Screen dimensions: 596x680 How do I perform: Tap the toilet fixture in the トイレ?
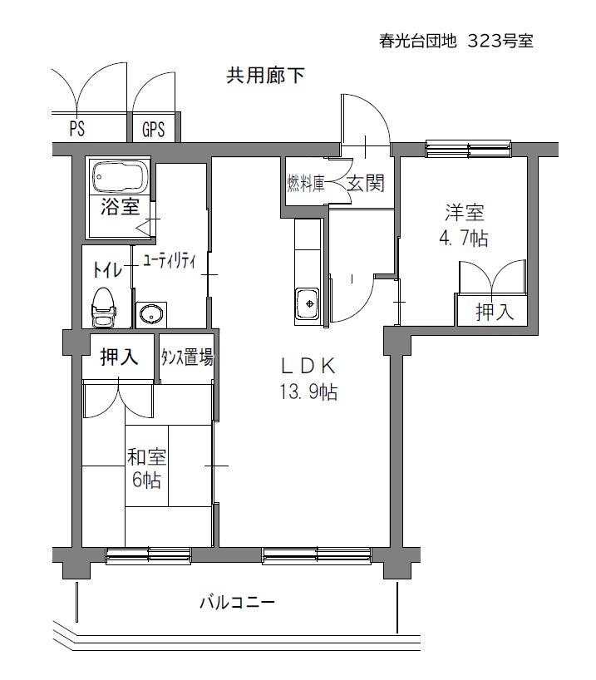click(104, 308)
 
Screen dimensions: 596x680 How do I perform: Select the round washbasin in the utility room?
click(150, 314)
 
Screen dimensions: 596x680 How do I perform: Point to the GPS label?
click(154, 129)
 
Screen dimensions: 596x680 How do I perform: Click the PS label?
click(77, 128)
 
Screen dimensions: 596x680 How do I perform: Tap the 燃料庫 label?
click(306, 184)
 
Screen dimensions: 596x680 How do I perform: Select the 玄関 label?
click(366, 183)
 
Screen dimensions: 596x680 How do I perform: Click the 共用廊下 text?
click(265, 76)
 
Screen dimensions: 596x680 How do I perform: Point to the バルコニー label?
click(237, 603)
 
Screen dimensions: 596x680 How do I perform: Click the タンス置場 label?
click(187, 357)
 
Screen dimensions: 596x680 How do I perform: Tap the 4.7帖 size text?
click(464, 238)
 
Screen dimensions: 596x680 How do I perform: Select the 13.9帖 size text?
click(308, 392)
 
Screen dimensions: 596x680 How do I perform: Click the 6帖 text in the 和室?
click(146, 480)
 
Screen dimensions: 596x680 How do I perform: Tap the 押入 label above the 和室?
click(119, 357)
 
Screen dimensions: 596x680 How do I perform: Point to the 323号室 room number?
click(500, 42)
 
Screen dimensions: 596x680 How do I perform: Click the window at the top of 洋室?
click(468, 148)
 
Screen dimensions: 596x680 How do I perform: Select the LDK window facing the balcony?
click(317, 555)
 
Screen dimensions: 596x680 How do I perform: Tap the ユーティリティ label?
click(170, 262)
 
